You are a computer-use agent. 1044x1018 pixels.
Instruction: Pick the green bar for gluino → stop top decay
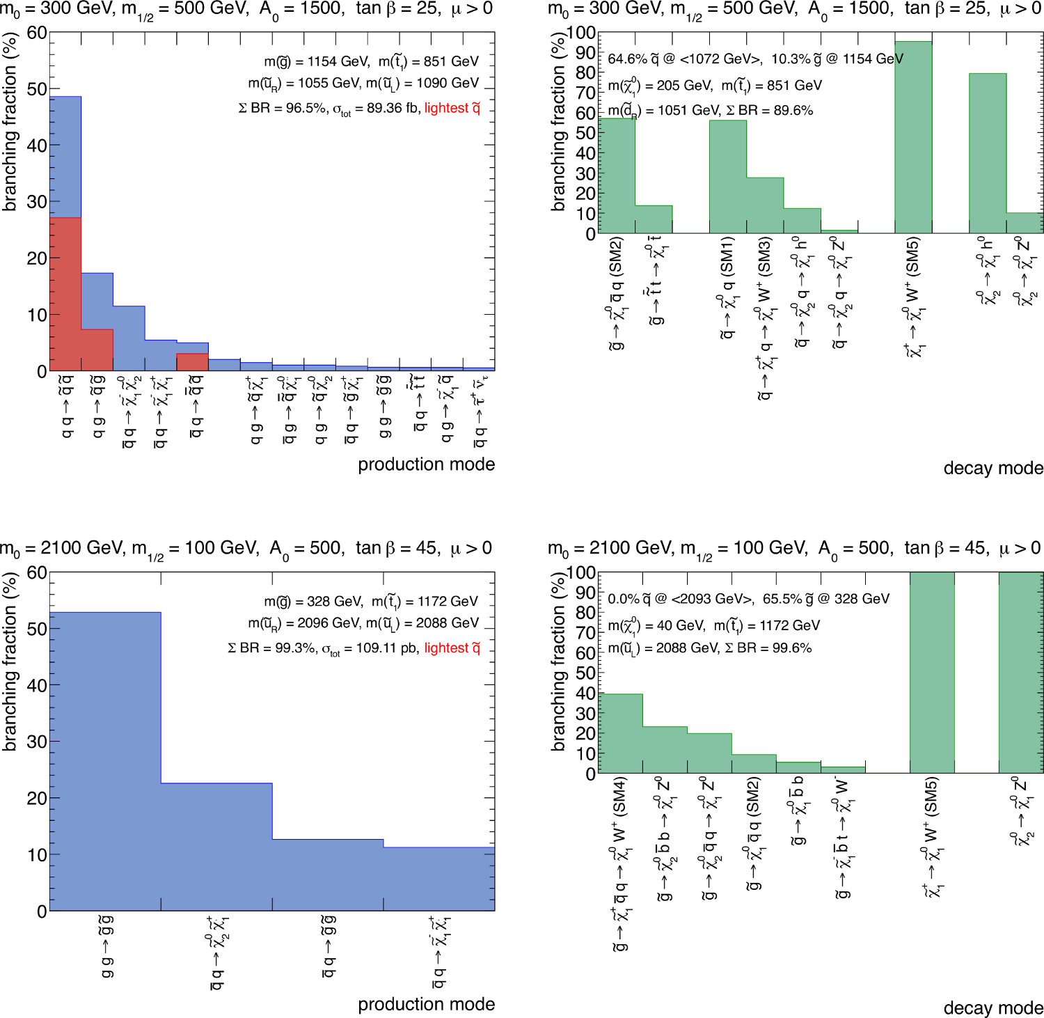click(654, 219)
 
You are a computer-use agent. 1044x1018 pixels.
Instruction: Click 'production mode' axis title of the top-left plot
click(426, 464)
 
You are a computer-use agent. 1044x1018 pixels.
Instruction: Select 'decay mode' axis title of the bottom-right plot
click(993, 1008)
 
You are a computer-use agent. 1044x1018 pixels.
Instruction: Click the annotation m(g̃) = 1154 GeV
click(316, 61)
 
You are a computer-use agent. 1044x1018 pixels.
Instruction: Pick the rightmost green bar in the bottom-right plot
click(1021, 673)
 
